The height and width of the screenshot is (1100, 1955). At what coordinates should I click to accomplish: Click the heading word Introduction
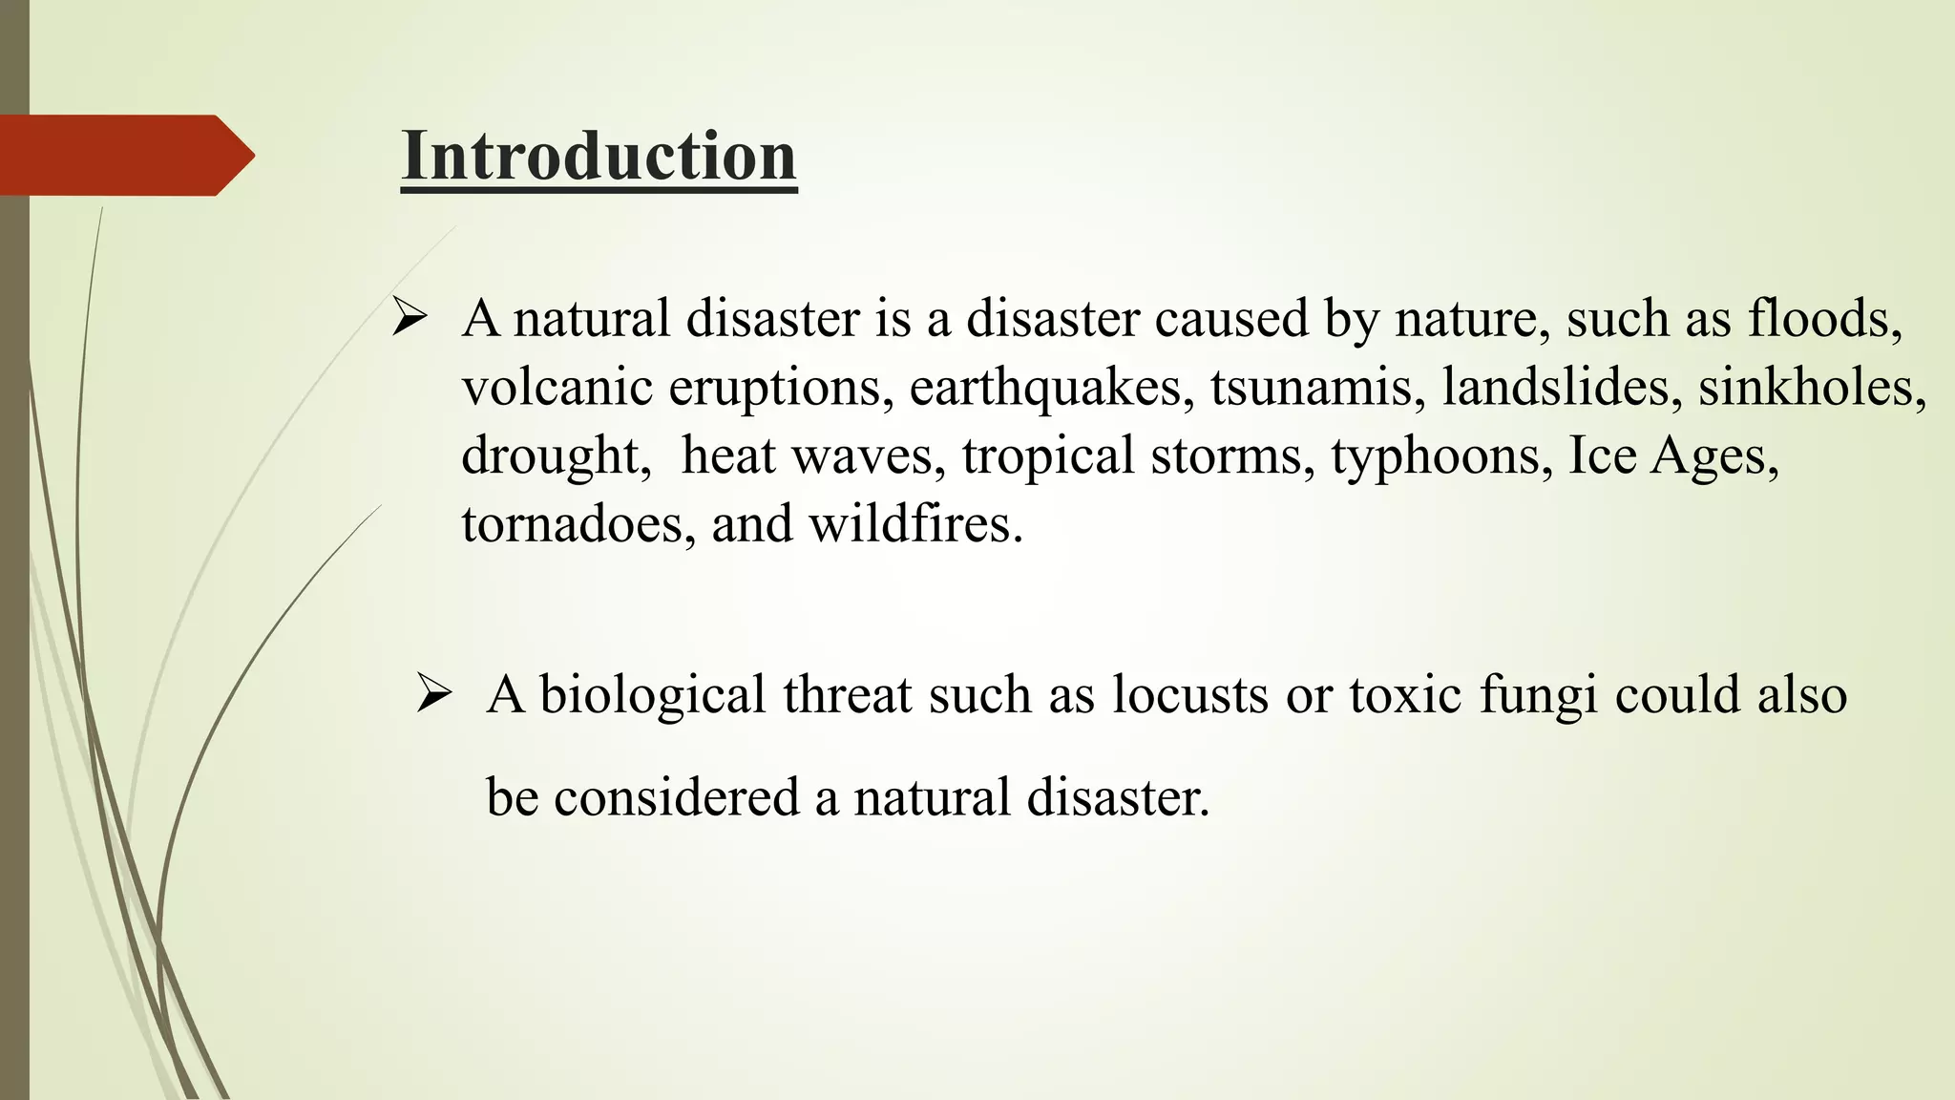[599, 156]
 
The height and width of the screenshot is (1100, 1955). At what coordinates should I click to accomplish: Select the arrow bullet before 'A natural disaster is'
[409, 318]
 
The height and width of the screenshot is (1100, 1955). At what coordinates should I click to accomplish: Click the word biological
[652, 694]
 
